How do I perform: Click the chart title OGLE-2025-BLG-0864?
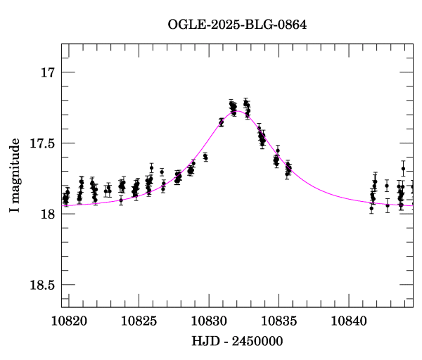[237, 25]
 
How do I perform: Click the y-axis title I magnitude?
[15, 176]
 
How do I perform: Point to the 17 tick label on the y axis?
[48, 72]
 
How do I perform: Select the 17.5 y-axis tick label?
[42, 143]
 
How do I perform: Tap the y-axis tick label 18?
[48, 214]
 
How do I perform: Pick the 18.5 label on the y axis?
[42, 285]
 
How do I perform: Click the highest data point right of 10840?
[403, 169]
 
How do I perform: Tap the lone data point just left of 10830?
[205, 157]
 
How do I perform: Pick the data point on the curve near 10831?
[222, 122]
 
